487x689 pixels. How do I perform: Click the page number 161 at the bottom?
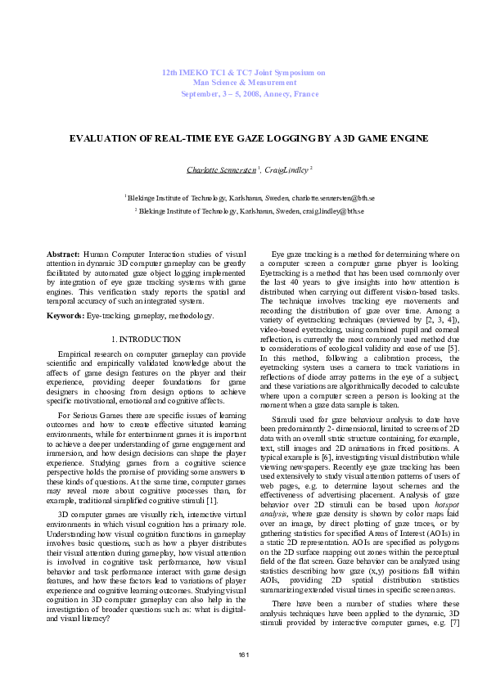pos(243,655)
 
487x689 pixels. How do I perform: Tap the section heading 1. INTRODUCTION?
pos(145,339)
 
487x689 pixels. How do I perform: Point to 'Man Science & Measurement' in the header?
pos(244,83)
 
